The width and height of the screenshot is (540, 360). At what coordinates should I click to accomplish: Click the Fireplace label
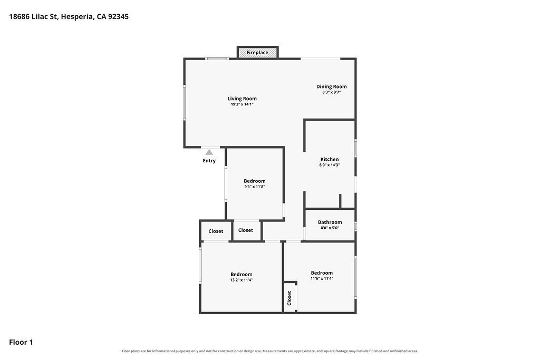coord(257,53)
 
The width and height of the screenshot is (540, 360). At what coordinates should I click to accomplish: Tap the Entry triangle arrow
coord(209,152)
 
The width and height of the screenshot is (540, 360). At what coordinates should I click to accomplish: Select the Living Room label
coord(242,99)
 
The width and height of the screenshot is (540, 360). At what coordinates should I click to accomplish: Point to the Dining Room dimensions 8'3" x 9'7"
coord(332,92)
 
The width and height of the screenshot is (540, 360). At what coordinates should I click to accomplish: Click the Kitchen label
coord(330,159)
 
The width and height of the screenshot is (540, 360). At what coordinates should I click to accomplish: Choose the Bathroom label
coord(330,222)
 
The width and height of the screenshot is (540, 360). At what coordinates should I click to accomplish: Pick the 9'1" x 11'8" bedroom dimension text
coord(255,187)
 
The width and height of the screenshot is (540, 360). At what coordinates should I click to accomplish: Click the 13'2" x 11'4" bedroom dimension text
coord(242,280)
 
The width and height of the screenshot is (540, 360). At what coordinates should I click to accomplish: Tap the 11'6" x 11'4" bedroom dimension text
coord(322,278)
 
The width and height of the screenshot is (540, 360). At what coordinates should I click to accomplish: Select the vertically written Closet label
coord(290,298)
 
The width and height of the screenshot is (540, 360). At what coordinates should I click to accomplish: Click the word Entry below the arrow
coord(209,161)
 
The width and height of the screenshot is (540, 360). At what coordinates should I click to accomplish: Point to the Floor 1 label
coord(21,342)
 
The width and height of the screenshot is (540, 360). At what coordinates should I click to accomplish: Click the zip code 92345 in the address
coord(118,16)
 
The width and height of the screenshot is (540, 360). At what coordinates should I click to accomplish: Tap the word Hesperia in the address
coord(77,17)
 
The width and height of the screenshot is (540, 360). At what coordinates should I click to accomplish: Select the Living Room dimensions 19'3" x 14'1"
coord(242,104)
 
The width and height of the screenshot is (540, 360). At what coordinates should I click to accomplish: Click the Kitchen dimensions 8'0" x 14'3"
coord(330,165)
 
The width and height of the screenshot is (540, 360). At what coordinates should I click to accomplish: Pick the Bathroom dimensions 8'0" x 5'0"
coord(330,228)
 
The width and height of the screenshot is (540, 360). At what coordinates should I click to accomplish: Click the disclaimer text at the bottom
coord(270,351)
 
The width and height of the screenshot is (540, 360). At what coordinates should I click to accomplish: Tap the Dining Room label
coord(332,87)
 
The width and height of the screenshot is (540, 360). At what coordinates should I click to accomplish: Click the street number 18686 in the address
coord(20,16)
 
